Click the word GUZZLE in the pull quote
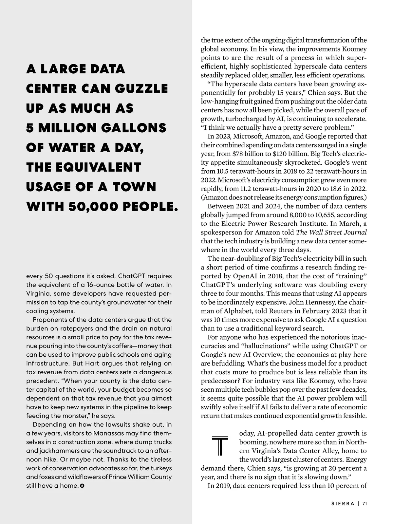pyautogui.click(x=141, y=89)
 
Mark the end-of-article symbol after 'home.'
pyautogui.click(x=82, y=486)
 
